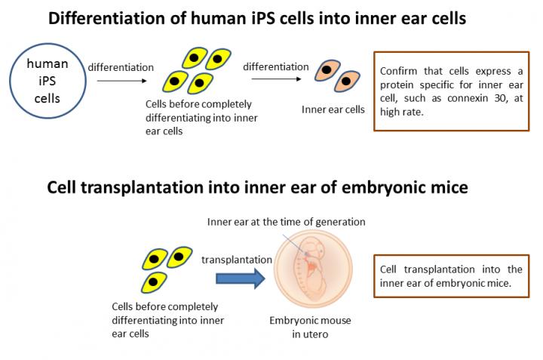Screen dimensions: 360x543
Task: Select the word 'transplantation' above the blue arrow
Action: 237,259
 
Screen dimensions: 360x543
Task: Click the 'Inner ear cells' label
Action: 333,109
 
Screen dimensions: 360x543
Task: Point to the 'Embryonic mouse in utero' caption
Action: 310,326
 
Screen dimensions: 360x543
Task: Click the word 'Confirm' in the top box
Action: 399,71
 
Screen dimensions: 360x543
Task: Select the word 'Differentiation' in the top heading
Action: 97,18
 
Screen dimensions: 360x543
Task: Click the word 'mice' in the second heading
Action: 449,186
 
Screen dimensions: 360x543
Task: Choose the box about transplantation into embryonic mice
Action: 452,275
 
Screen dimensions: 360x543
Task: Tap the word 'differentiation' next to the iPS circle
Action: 121,67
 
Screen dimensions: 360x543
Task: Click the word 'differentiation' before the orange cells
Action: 275,66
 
